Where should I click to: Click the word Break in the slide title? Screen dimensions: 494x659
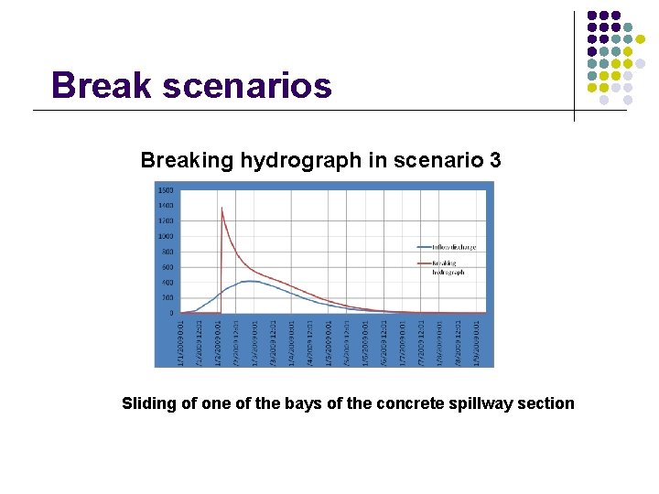(x=101, y=85)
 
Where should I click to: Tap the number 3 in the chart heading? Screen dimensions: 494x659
(x=495, y=161)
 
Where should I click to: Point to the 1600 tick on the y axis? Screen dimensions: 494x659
(x=166, y=190)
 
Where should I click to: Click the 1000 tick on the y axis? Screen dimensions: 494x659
(x=166, y=236)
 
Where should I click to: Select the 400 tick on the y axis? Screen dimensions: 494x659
(x=167, y=283)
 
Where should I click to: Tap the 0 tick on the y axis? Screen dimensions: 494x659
(x=170, y=313)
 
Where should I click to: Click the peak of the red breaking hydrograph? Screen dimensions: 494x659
(x=221, y=208)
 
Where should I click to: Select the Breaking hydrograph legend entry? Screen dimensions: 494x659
(x=448, y=267)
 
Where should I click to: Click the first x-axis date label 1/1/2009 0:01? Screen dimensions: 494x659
(x=182, y=342)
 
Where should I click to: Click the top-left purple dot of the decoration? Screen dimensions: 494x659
(x=592, y=16)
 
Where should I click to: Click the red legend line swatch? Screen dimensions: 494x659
(x=423, y=263)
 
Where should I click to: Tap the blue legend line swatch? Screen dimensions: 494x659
(x=423, y=247)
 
